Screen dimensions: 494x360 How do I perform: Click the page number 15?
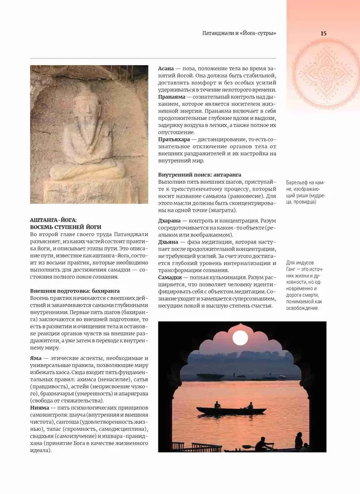click(x=323, y=34)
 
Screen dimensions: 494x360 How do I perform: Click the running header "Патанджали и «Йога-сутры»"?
click(x=239, y=34)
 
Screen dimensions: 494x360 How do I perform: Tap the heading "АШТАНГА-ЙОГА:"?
click(x=54, y=219)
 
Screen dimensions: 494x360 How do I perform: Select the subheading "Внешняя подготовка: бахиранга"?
click(x=75, y=291)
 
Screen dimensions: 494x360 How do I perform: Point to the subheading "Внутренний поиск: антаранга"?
click(x=200, y=175)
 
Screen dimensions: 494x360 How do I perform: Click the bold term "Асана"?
click(x=166, y=68)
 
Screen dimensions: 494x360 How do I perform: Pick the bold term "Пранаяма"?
click(x=171, y=98)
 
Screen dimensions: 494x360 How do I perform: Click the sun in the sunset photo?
click(x=240, y=338)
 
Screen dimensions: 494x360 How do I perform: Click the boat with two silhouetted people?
click(x=231, y=410)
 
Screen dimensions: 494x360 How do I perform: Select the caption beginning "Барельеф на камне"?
click(x=305, y=192)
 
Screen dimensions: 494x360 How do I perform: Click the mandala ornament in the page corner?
click(x=324, y=74)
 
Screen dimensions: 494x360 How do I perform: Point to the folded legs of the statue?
click(x=88, y=170)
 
